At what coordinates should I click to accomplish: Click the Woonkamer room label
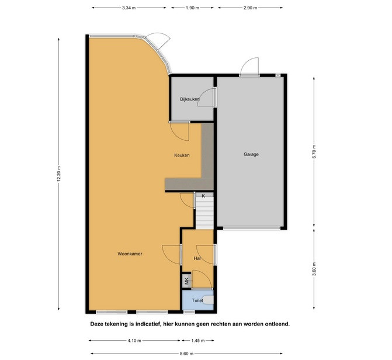(x=130, y=254)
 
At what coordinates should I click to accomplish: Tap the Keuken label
(x=182, y=155)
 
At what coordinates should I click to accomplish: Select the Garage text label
(x=251, y=154)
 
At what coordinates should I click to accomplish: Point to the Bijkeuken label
(x=190, y=99)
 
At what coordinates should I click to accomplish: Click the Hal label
(x=197, y=258)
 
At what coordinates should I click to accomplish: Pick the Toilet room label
(x=197, y=300)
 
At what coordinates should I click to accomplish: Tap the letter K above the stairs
(x=203, y=196)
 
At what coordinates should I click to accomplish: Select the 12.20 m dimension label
(x=59, y=174)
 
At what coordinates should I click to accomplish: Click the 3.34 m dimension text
(x=129, y=8)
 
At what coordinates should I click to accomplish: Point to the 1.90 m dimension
(x=192, y=8)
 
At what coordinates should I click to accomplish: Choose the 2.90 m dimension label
(x=250, y=8)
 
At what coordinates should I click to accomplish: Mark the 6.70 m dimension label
(x=314, y=151)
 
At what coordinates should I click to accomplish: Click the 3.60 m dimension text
(x=314, y=269)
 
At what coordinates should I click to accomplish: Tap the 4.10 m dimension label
(x=134, y=341)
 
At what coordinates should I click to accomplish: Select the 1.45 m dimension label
(x=198, y=341)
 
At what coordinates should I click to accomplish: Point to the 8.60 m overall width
(x=186, y=354)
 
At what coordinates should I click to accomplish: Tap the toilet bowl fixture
(x=209, y=300)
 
